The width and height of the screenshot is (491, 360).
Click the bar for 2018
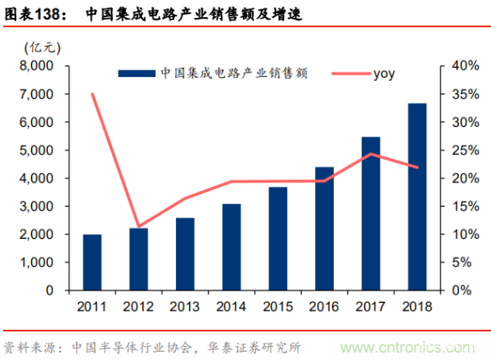click(x=417, y=197)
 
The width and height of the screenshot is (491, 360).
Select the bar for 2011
click(x=92, y=263)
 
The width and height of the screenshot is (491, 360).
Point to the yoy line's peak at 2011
click(x=92, y=94)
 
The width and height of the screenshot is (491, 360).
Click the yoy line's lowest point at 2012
click(x=139, y=227)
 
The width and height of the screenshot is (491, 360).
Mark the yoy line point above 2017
click(x=371, y=154)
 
